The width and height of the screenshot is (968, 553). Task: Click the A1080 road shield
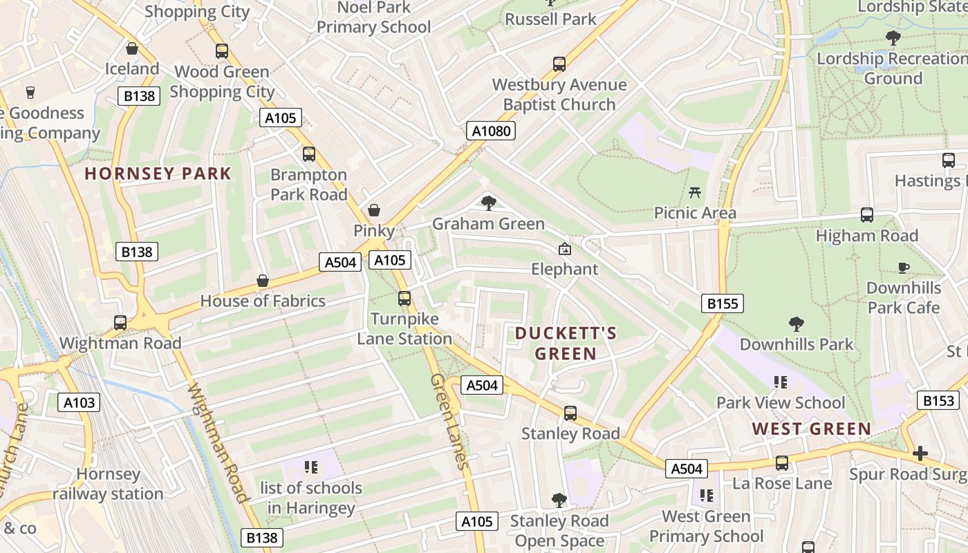(490, 131)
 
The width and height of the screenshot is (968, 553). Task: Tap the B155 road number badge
(723, 303)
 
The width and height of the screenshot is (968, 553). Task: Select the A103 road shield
(80, 402)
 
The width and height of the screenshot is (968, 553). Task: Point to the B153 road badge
(938, 400)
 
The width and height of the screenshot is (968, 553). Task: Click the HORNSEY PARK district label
(158, 174)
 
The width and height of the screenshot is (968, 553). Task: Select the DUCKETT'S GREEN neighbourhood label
(566, 344)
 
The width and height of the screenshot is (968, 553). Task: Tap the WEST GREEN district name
(812, 429)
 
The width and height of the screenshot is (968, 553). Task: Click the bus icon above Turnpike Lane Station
(404, 299)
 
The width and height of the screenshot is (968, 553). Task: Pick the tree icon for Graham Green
(489, 203)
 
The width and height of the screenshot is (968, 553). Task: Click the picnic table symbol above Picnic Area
(695, 192)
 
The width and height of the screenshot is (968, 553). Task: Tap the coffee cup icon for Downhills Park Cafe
(903, 268)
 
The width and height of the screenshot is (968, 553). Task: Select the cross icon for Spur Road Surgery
(920, 453)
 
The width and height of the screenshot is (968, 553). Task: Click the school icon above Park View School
(781, 382)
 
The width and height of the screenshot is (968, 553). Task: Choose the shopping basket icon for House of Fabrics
(263, 281)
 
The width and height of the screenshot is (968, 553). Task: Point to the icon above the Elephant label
(565, 249)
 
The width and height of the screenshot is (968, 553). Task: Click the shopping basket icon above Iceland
(132, 48)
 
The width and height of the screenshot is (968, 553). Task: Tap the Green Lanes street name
(449, 421)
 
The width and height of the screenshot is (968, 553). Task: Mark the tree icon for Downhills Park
(797, 324)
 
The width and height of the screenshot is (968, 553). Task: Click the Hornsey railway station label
(108, 484)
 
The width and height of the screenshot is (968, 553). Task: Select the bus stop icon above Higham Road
(867, 215)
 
